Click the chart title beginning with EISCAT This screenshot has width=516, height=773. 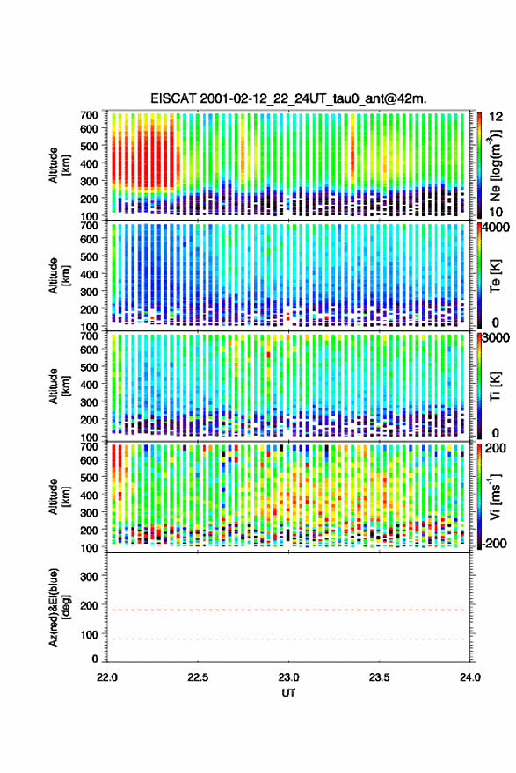(x=288, y=98)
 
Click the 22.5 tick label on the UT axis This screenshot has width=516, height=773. (x=198, y=677)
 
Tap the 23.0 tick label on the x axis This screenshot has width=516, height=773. (x=288, y=677)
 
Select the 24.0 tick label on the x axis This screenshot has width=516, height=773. (x=470, y=677)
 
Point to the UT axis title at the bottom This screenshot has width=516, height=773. (x=288, y=693)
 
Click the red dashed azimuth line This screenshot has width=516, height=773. (x=288, y=610)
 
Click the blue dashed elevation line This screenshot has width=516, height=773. (x=288, y=639)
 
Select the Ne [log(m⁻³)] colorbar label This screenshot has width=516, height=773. (x=495, y=166)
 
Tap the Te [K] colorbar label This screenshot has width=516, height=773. (x=495, y=276)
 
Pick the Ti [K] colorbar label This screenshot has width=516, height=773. (x=495, y=386)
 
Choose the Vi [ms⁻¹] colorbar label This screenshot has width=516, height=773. (x=495, y=496)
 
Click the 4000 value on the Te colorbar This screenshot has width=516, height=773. (x=497, y=228)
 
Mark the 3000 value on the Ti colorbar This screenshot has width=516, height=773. (x=497, y=337)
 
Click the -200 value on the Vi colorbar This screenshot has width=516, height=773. (x=494, y=544)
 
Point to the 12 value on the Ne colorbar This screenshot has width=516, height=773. (x=497, y=117)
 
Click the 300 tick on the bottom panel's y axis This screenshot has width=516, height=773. (x=89, y=576)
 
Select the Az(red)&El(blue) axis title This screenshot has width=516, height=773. (x=59, y=607)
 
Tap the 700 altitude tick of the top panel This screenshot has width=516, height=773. (x=89, y=115)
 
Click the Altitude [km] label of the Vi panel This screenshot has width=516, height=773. (x=59, y=496)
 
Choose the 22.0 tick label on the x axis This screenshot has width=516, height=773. (x=107, y=677)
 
